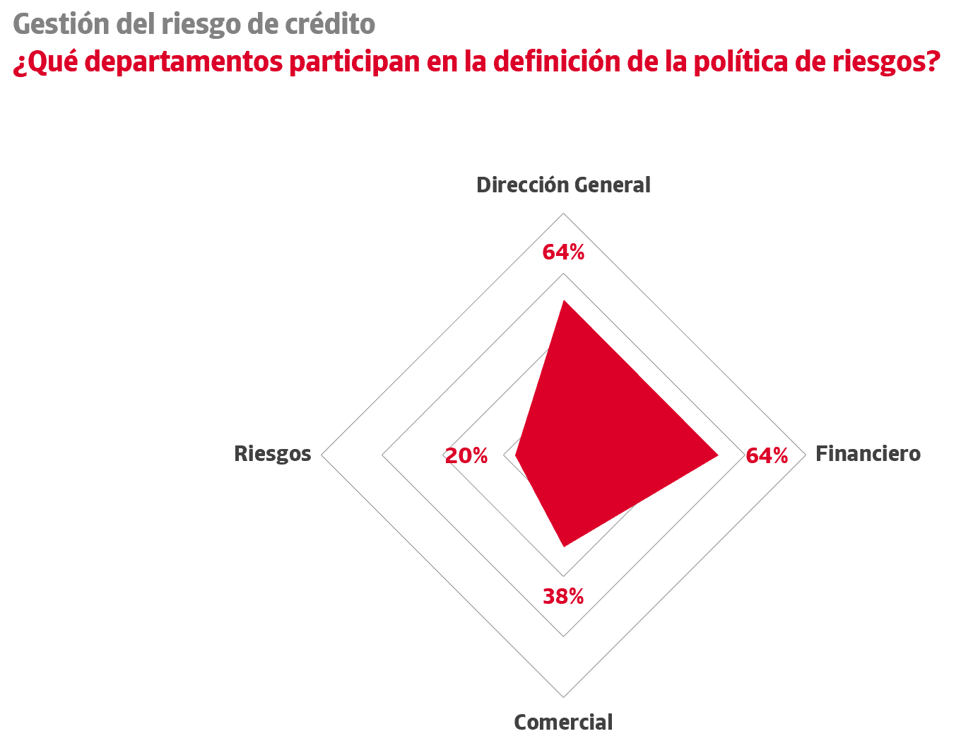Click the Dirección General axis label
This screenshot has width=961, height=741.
pyautogui.click(x=563, y=185)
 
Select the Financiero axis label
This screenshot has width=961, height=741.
pyautogui.click(x=868, y=454)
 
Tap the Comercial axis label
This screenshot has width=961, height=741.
pyautogui.click(x=563, y=723)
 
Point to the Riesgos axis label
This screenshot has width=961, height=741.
pyautogui.click(x=272, y=454)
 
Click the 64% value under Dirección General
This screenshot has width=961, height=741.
pyautogui.click(x=563, y=252)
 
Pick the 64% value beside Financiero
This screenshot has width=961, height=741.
pyautogui.click(x=767, y=456)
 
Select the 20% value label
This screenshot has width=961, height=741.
pyautogui.click(x=466, y=456)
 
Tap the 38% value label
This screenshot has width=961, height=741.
pyautogui.click(x=563, y=597)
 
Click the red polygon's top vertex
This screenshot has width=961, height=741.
pyautogui.click(x=563, y=302)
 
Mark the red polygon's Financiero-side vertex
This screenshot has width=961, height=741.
pyautogui.click(x=717, y=455)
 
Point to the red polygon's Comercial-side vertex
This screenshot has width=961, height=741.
pyautogui.click(x=563, y=545)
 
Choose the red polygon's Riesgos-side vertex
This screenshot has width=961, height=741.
pyautogui.click(x=516, y=456)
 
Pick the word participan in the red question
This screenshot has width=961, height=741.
pyautogui.click(x=348, y=62)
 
